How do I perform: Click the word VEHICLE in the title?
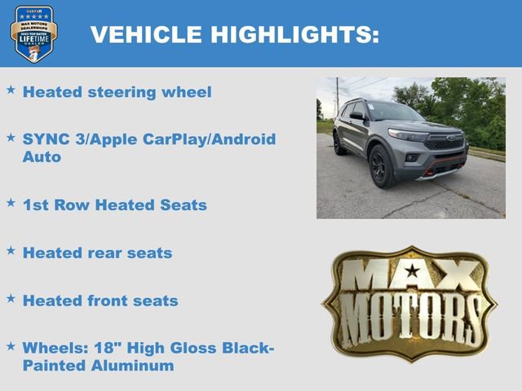click(x=146, y=34)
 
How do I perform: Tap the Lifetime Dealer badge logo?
click(x=33, y=34)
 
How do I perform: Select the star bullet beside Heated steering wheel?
click(x=11, y=90)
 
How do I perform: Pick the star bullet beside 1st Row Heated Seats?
click(x=11, y=203)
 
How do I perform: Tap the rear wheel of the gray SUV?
click(x=338, y=143)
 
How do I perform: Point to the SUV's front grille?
click(x=445, y=142)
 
